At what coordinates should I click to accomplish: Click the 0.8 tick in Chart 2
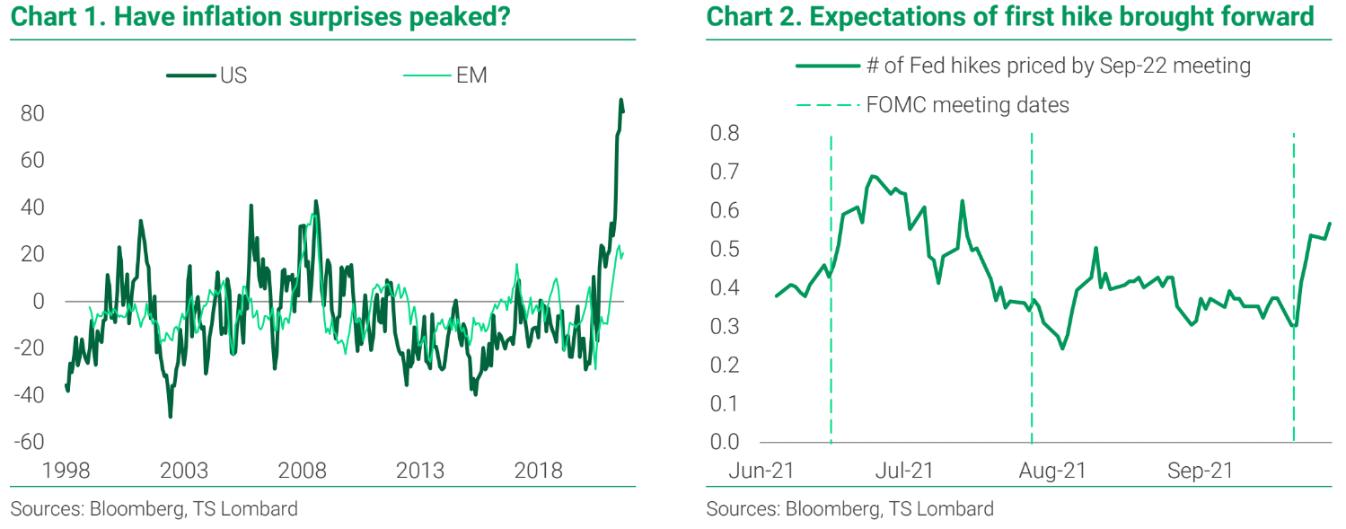[724, 134]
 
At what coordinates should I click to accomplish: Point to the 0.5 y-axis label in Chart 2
[724, 250]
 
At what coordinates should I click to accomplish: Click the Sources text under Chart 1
[154, 509]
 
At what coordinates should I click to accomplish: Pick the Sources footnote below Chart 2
[849, 509]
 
